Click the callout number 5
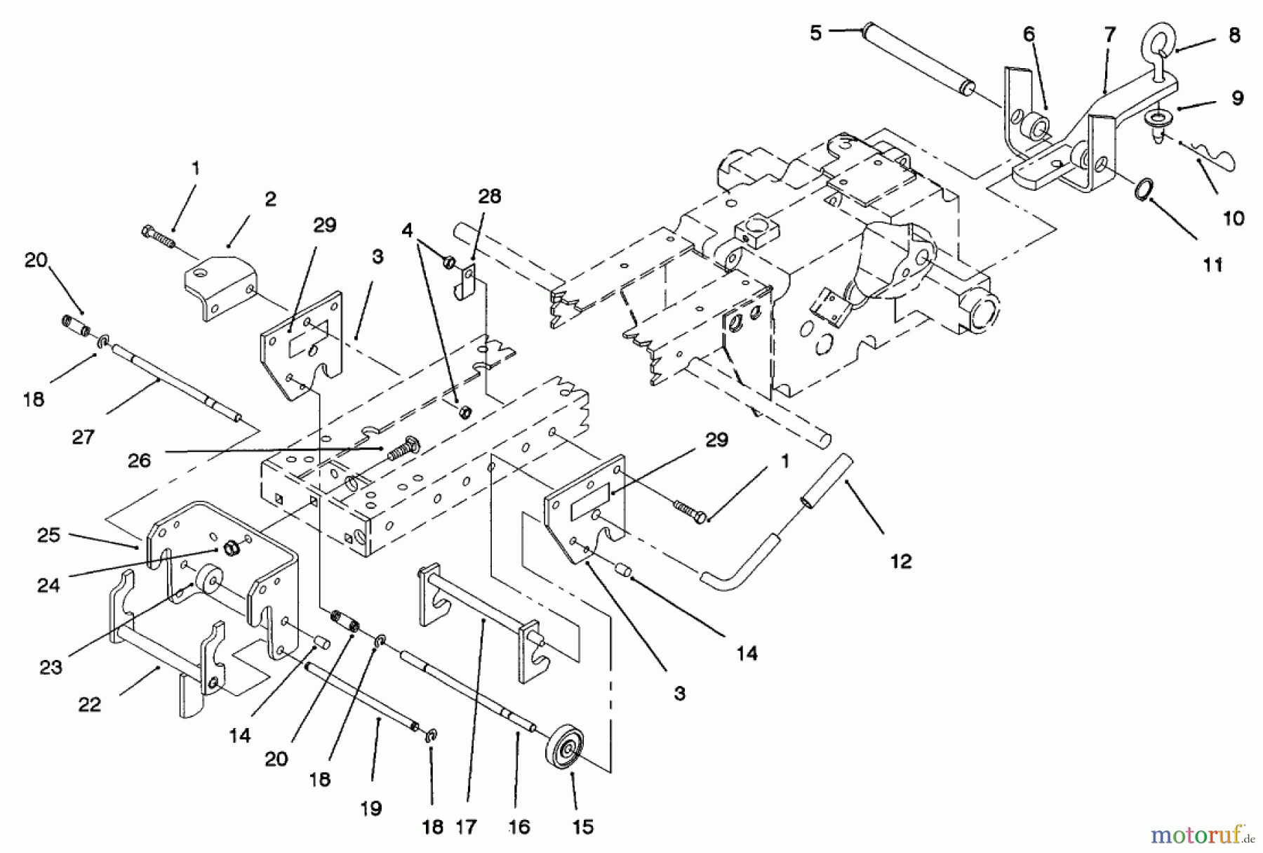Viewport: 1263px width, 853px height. (x=815, y=33)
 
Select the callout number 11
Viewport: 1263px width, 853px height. (x=1213, y=265)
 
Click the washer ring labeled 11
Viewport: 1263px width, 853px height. (x=1144, y=190)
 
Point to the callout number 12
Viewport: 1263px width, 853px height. (x=901, y=561)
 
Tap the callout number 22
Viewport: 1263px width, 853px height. (x=90, y=704)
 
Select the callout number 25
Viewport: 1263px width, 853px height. (x=48, y=535)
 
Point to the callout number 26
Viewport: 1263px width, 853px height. (x=139, y=460)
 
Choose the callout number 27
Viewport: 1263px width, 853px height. (x=83, y=437)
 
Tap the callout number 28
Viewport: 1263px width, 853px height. (x=489, y=197)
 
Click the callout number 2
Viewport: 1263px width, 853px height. (x=270, y=199)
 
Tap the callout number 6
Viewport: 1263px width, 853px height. (x=1029, y=34)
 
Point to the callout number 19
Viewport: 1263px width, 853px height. (x=371, y=809)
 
